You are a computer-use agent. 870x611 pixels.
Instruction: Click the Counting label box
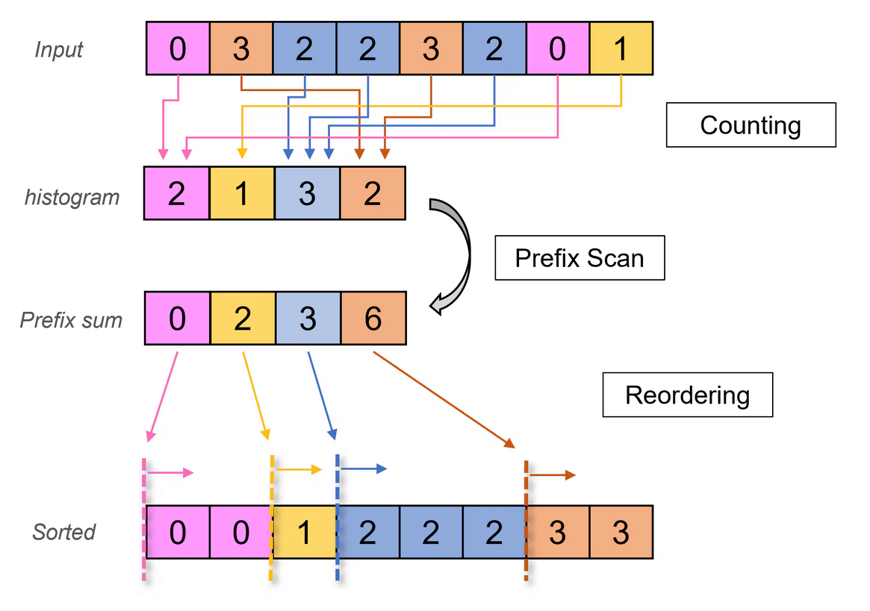(751, 125)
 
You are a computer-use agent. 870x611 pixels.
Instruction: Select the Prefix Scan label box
(580, 258)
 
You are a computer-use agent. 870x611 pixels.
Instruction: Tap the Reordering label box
(687, 394)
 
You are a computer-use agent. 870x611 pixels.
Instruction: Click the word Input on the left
(59, 50)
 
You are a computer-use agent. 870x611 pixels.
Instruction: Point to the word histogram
(72, 197)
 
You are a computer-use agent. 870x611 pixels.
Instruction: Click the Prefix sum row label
(71, 320)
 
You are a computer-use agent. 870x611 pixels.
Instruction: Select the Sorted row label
(64, 532)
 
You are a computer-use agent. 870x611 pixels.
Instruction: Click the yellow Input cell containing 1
(621, 49)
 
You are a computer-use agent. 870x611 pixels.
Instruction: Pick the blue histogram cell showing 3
(308, 194)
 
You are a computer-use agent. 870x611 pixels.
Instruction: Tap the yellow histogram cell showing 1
(242, 194)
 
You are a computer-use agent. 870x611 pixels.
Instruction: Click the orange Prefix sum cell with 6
(373, 319)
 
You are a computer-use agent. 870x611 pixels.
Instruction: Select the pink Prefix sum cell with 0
(177, 319)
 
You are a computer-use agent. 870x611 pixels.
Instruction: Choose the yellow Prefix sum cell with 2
(243, 319)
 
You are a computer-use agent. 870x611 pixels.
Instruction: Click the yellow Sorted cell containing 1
(304, 532)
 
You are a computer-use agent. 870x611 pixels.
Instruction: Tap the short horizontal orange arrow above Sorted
(553, 474)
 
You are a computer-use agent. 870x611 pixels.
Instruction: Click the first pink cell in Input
(178, 49)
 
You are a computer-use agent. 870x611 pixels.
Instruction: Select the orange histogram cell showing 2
(373, 194)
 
